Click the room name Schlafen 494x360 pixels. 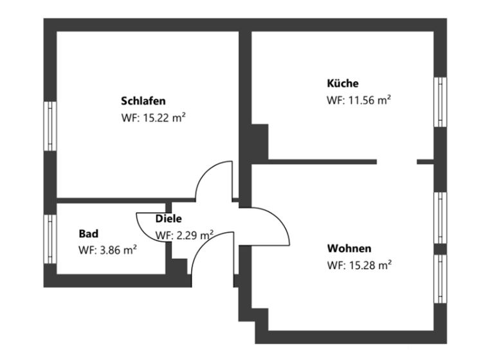pyautogui.click(x=143, y=101)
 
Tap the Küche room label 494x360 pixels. pyautogui.click(x=343, y=84)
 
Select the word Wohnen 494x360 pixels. pyautogui.click(x=349, y=248)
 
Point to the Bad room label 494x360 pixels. pyautogui.click(x=88, y=233)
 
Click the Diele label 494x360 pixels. pyautogui.click(x=169, y=219)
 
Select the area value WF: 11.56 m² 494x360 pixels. pyautogui.click(x=359, y=100)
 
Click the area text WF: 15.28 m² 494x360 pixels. pyautogui.click(x=359, y=265)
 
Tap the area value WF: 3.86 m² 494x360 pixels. pyautogui.click(x=107, y=250)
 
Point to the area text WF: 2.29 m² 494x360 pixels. pyautogui.click(x=185, y=235)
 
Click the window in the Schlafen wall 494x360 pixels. pyautogui.click(x=50, y=126)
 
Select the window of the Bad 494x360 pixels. pyautogui.click(x=50, y=239)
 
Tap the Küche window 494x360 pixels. pyautogui.click(x=440, y=103)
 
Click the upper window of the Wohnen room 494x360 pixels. pyautogui.click(x=440, y=218)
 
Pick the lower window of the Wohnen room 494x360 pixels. pyautogui.click(x=440, y=279)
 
